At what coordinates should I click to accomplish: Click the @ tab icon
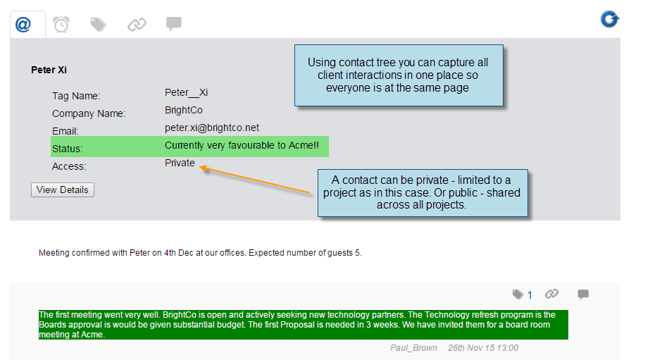pyautogui.click(x=23, y=25)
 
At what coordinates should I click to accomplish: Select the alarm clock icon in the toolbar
pyautogui.click(x=61, y=24)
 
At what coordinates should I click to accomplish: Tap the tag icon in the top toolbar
pyautogui.click(x=99, y=25)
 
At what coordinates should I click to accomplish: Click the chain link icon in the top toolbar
pyautogui.click(x=137, y=25)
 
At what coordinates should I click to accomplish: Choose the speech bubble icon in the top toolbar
pyautogui.click(x=174, y=24)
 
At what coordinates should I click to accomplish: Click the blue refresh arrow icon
pyautogui.click(x=610, y=19)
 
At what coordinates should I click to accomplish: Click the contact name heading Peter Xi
pyautogui.click(x=49, y=70)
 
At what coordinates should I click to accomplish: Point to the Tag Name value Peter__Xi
pyautogui.click(x=186, y=92)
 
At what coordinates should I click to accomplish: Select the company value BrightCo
pyautogui.click(x=184, y=111)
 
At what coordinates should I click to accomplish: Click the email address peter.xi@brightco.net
pyautogui.click(x=212, y=128)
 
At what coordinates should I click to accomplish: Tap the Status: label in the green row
pyautogui.click(x=68, y=149)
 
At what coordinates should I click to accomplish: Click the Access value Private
pyautogui.click(x=180, y=163)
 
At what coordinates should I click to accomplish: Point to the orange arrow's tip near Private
pyautogui.click(x=200, y=168)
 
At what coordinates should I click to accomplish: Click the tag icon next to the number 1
pyautogui.click(x=518, y=294)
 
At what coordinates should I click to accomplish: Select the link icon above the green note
pyautogui.click(x=552, y=294)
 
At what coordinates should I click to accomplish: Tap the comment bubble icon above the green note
pyautogui.click(x=583, y=294)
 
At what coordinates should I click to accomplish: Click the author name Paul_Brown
pyautogui.click(x=414, y=348)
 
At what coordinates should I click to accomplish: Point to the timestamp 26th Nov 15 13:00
pyautogui.click(x=483, y=348)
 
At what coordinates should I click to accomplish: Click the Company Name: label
pyautogui.click(x=89, y=113)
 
